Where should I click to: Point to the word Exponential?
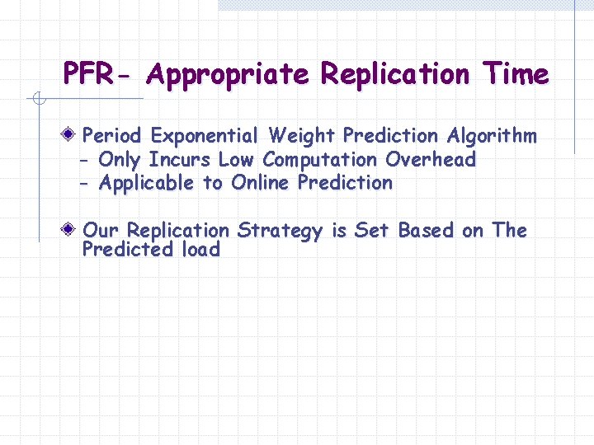click(x=205, y=135)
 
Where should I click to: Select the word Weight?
click(x=303, y=135)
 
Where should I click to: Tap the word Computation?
click(x=321, y=159)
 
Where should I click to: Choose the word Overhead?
click(x=431, y=159)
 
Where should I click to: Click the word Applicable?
click(x=148, y=183)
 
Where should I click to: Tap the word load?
click(x=200, y=250)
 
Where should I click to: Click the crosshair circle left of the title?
click(x=37, y=99)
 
